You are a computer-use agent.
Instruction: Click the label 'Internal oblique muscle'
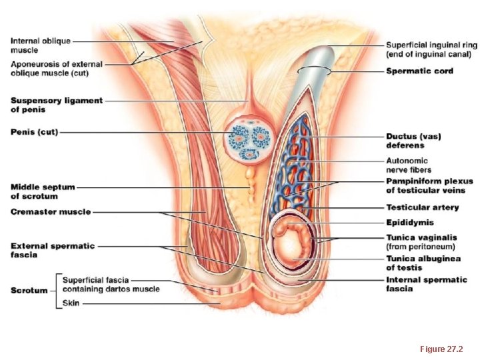pos(40,45)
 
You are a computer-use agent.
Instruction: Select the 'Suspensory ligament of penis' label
pos(57,105)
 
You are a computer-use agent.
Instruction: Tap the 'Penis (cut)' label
pos(34,132)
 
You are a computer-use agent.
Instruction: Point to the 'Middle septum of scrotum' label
pos(43,192)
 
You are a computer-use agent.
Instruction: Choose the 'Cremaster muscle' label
pos(51,212)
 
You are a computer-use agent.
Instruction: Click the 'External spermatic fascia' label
pos(52,250)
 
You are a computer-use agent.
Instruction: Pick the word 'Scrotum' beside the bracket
pos(29,290)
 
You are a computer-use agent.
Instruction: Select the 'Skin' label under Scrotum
pos(71,303)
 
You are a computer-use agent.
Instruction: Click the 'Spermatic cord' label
pos(419,71)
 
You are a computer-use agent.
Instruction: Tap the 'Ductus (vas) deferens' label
pos(413,141)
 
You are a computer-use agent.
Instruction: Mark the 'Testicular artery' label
pos(422,207)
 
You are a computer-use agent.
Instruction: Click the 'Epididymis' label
pos(409,222)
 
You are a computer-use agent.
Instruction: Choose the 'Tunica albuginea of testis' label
pos(423,263)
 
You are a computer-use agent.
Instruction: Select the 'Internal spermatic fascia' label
pos(427,284)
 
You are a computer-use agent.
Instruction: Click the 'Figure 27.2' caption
pos(441,349)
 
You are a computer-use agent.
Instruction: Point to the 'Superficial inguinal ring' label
pos(429,49)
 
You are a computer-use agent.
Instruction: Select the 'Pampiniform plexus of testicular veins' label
pos(429,186)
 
